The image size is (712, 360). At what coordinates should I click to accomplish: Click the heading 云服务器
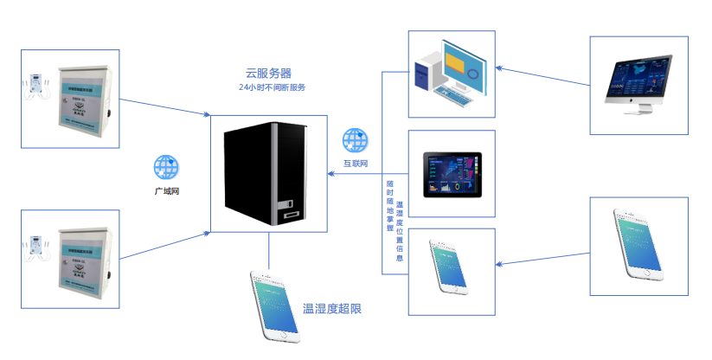click(270, 74)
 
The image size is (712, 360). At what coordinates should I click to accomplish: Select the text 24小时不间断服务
click(273, 87)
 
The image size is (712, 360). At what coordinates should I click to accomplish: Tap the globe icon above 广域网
click(165, 166)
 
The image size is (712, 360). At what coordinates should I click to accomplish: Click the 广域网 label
click(166, 189)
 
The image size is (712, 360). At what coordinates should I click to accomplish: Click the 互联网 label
click(356, 163)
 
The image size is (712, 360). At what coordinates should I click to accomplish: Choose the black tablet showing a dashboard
click(452, 174)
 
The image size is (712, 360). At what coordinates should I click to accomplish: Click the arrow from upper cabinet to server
click(164, 104)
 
